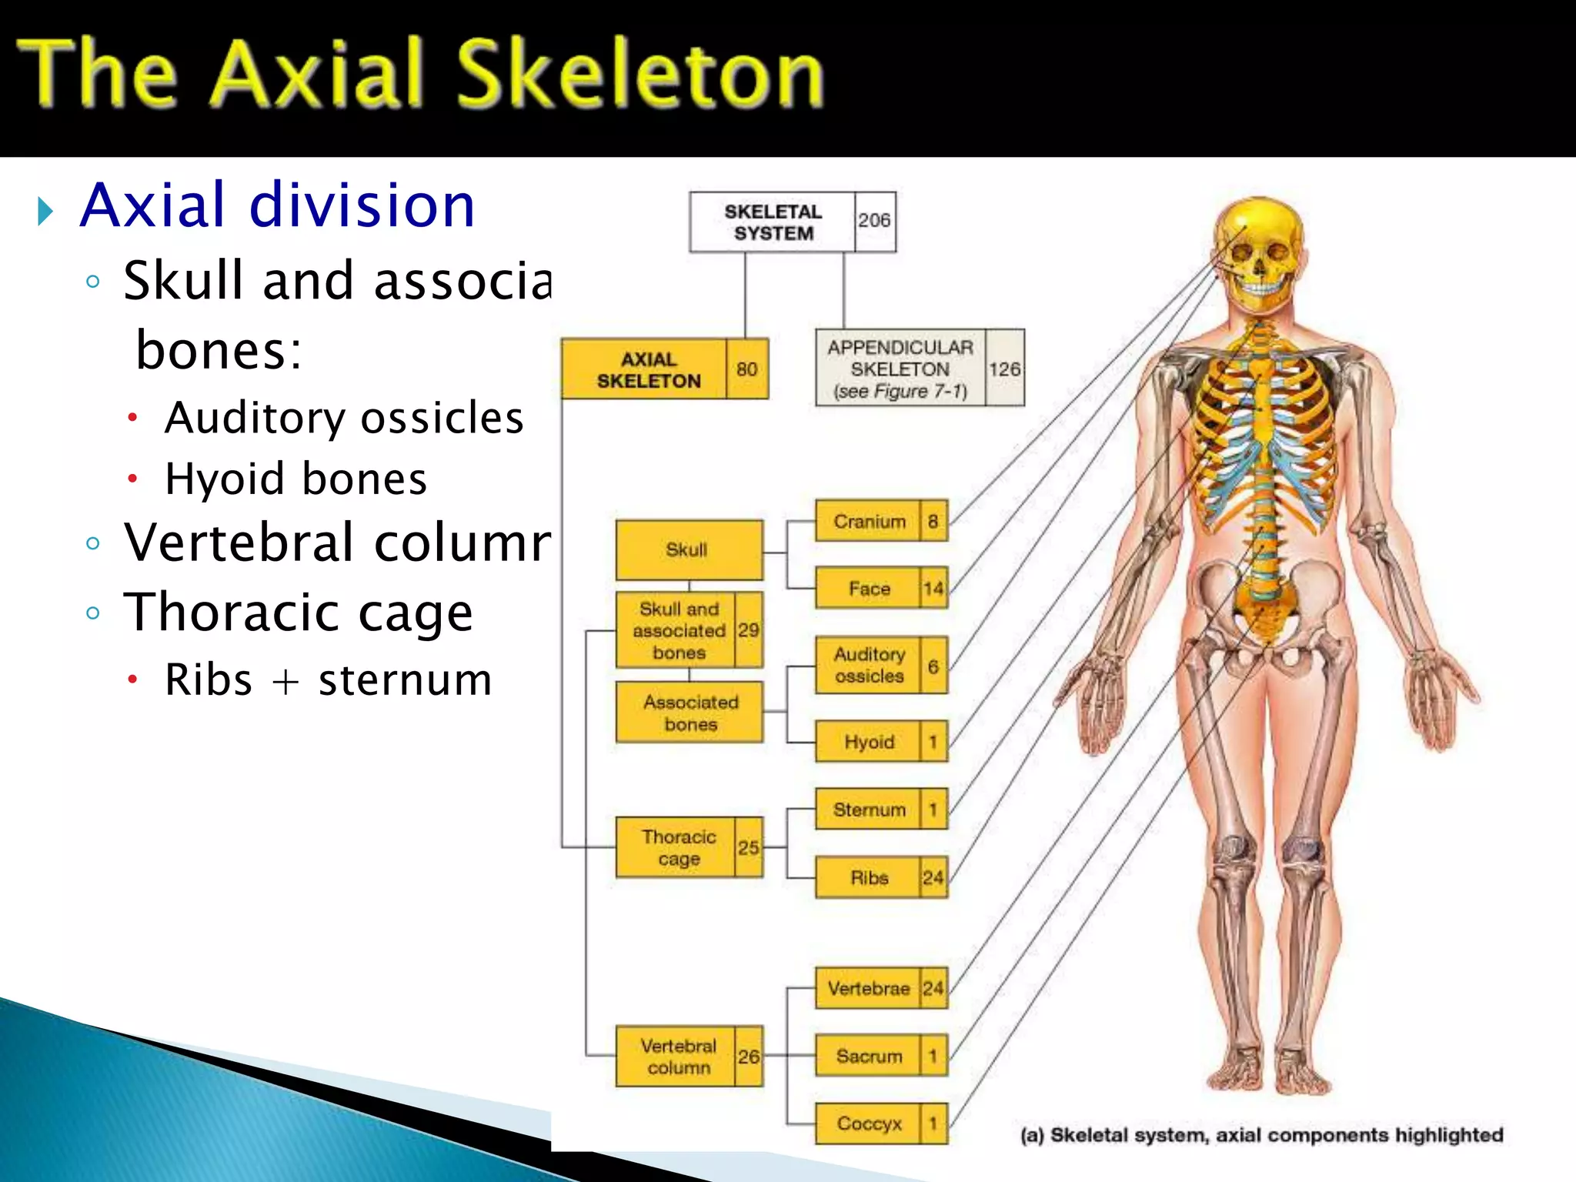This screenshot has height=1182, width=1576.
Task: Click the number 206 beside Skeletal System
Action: (874, 221)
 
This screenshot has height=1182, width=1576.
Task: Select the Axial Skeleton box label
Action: (649, 370)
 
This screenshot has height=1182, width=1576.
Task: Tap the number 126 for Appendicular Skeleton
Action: (1004, 369)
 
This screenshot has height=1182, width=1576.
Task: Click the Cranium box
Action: (869, 522)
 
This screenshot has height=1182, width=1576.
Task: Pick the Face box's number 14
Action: (933, 589)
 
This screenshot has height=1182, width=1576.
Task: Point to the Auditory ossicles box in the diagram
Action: (869, 666)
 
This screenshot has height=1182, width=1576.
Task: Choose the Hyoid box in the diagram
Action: (869, 742)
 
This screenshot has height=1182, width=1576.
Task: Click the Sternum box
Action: (869, 810)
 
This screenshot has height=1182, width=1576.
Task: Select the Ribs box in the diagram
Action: (869, 878)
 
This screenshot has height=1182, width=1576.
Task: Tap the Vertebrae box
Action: (869, 988)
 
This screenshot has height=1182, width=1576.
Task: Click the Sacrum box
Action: (869, 1057)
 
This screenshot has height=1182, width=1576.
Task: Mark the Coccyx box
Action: (869, 1124)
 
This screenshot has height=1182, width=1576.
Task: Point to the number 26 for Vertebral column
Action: (748, 1057)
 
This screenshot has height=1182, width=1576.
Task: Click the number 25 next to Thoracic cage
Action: (748, 848)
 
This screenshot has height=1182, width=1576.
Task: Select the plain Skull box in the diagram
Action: (688, 550)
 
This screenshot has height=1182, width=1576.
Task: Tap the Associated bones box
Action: (690, 713)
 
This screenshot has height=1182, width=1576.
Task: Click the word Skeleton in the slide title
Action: (640, 75)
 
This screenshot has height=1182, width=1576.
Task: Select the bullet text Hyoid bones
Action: (295, 479)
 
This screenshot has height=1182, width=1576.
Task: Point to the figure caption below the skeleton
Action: (1261, 1135)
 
